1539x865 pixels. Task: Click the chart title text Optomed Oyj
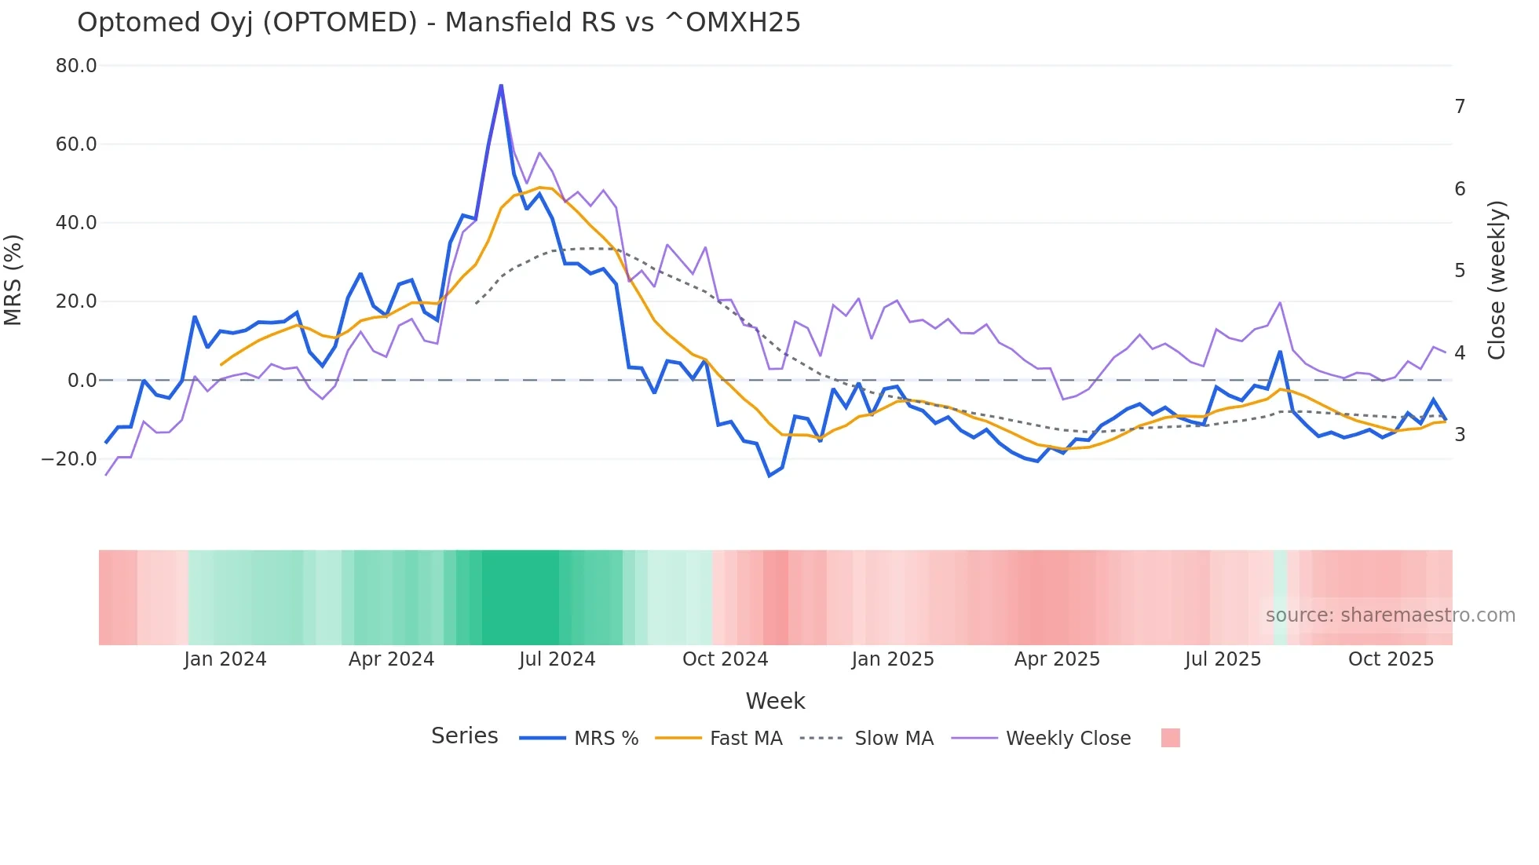click(x=438, y=22)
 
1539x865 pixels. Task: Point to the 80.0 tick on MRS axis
click(x=76, y=66)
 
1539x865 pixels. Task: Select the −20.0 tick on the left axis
click(x=69, y=459)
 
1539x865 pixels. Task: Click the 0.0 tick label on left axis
click(x=82, y=381)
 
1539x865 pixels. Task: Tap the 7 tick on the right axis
click(x=1460, y=106)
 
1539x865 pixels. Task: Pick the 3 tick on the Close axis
click(x=1460, y=434)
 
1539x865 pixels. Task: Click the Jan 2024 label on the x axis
click(x=225, y=659)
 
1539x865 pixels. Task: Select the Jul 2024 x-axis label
click(x=557, y=659)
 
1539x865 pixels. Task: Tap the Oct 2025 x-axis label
click(x=1391, y=659)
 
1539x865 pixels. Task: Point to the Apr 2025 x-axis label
click(x=1057, y=659)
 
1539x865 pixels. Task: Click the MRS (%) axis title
click(x=13, y=279)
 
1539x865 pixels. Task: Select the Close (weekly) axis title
click(x=1497, y=279)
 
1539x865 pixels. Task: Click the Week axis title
click(x=775, y=701)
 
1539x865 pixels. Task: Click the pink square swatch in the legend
click(x=1170, y=739)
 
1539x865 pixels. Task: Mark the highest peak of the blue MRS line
click(x=501, y=85)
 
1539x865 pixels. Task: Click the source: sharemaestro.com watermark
click(x=1390, y=615)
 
